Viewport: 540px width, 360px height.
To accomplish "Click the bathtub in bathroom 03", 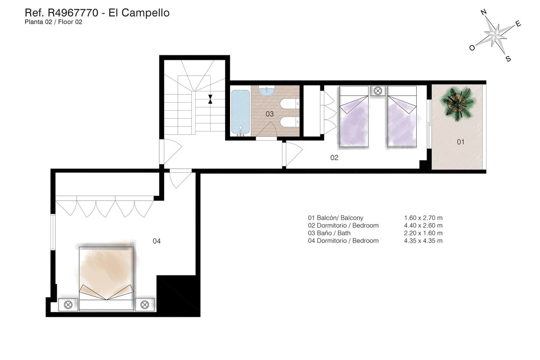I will pyautogui.click(x=240, y=112).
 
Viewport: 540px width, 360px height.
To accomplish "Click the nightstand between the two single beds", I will pyautogui.click(x=377, y=91).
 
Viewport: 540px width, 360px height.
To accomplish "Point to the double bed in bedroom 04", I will pyautogui.click(x=107, y=277).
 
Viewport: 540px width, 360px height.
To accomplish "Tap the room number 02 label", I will pyautogui.click(x=334, y=158).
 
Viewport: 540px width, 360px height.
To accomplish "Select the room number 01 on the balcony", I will pyautogui.click(x=460, y=142).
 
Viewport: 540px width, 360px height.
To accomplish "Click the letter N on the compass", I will pyautogui.click(x=483, y=13).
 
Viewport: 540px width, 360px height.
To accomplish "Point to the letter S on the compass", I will pyautogui.click(x=508, y=59).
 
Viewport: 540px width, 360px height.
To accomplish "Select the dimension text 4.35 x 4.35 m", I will pyautogui.click(x=423, y=241).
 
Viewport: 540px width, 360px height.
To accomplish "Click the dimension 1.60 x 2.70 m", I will pyautogui.click(x=423, y=218).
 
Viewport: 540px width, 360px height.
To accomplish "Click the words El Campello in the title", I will pyautogui.click(x=139, y=13).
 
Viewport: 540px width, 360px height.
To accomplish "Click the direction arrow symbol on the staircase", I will pyautogui.click(x=210, y=99).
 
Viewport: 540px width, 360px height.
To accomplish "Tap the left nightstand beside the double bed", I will pyautogui.click(x=68, y=305).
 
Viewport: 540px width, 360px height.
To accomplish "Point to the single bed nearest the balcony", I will pyautogui.click(x=402, y=117).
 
